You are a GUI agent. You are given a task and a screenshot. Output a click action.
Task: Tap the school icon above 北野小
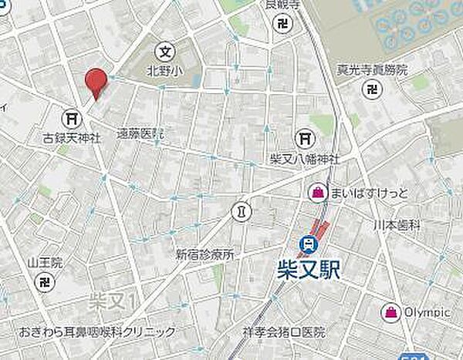click(164, 52)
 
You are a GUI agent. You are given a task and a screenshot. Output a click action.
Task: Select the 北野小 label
click(164, 72)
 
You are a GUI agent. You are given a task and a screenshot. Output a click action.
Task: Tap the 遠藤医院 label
click(140, 133)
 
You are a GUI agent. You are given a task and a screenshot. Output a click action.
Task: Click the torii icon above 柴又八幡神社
click(306, 138)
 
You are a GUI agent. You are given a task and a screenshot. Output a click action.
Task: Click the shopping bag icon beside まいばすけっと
click(317, 191)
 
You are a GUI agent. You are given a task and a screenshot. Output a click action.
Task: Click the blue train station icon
click(310, 244)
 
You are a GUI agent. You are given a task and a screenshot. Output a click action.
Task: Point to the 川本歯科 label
click(397, 224)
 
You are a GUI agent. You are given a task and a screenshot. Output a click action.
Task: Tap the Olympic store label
click(428, 312)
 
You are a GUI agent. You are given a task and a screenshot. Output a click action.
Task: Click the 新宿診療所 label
click(204, 254)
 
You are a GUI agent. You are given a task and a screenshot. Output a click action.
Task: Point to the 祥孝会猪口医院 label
click(283, 333)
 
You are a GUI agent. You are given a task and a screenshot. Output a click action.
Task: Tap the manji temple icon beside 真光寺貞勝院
click(373, 89)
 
